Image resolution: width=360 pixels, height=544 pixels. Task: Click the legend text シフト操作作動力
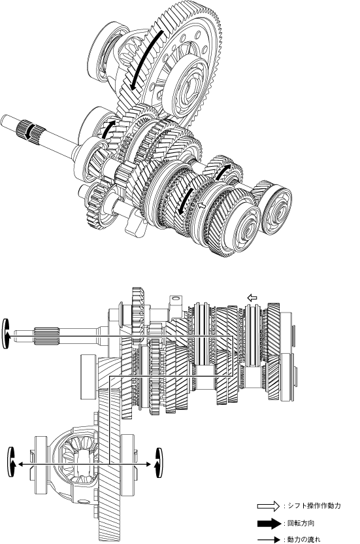314,505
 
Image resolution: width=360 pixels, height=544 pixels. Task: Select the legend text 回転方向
301,523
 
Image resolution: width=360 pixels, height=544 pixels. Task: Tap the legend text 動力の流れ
304,539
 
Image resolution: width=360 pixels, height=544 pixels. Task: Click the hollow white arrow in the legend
269,506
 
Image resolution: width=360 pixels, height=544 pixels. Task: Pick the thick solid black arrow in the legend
269,523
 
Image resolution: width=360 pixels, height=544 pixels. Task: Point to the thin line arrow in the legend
269,540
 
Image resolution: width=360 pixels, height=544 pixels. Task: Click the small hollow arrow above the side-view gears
252,297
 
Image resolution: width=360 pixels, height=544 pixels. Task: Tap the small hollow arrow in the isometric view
201,205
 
